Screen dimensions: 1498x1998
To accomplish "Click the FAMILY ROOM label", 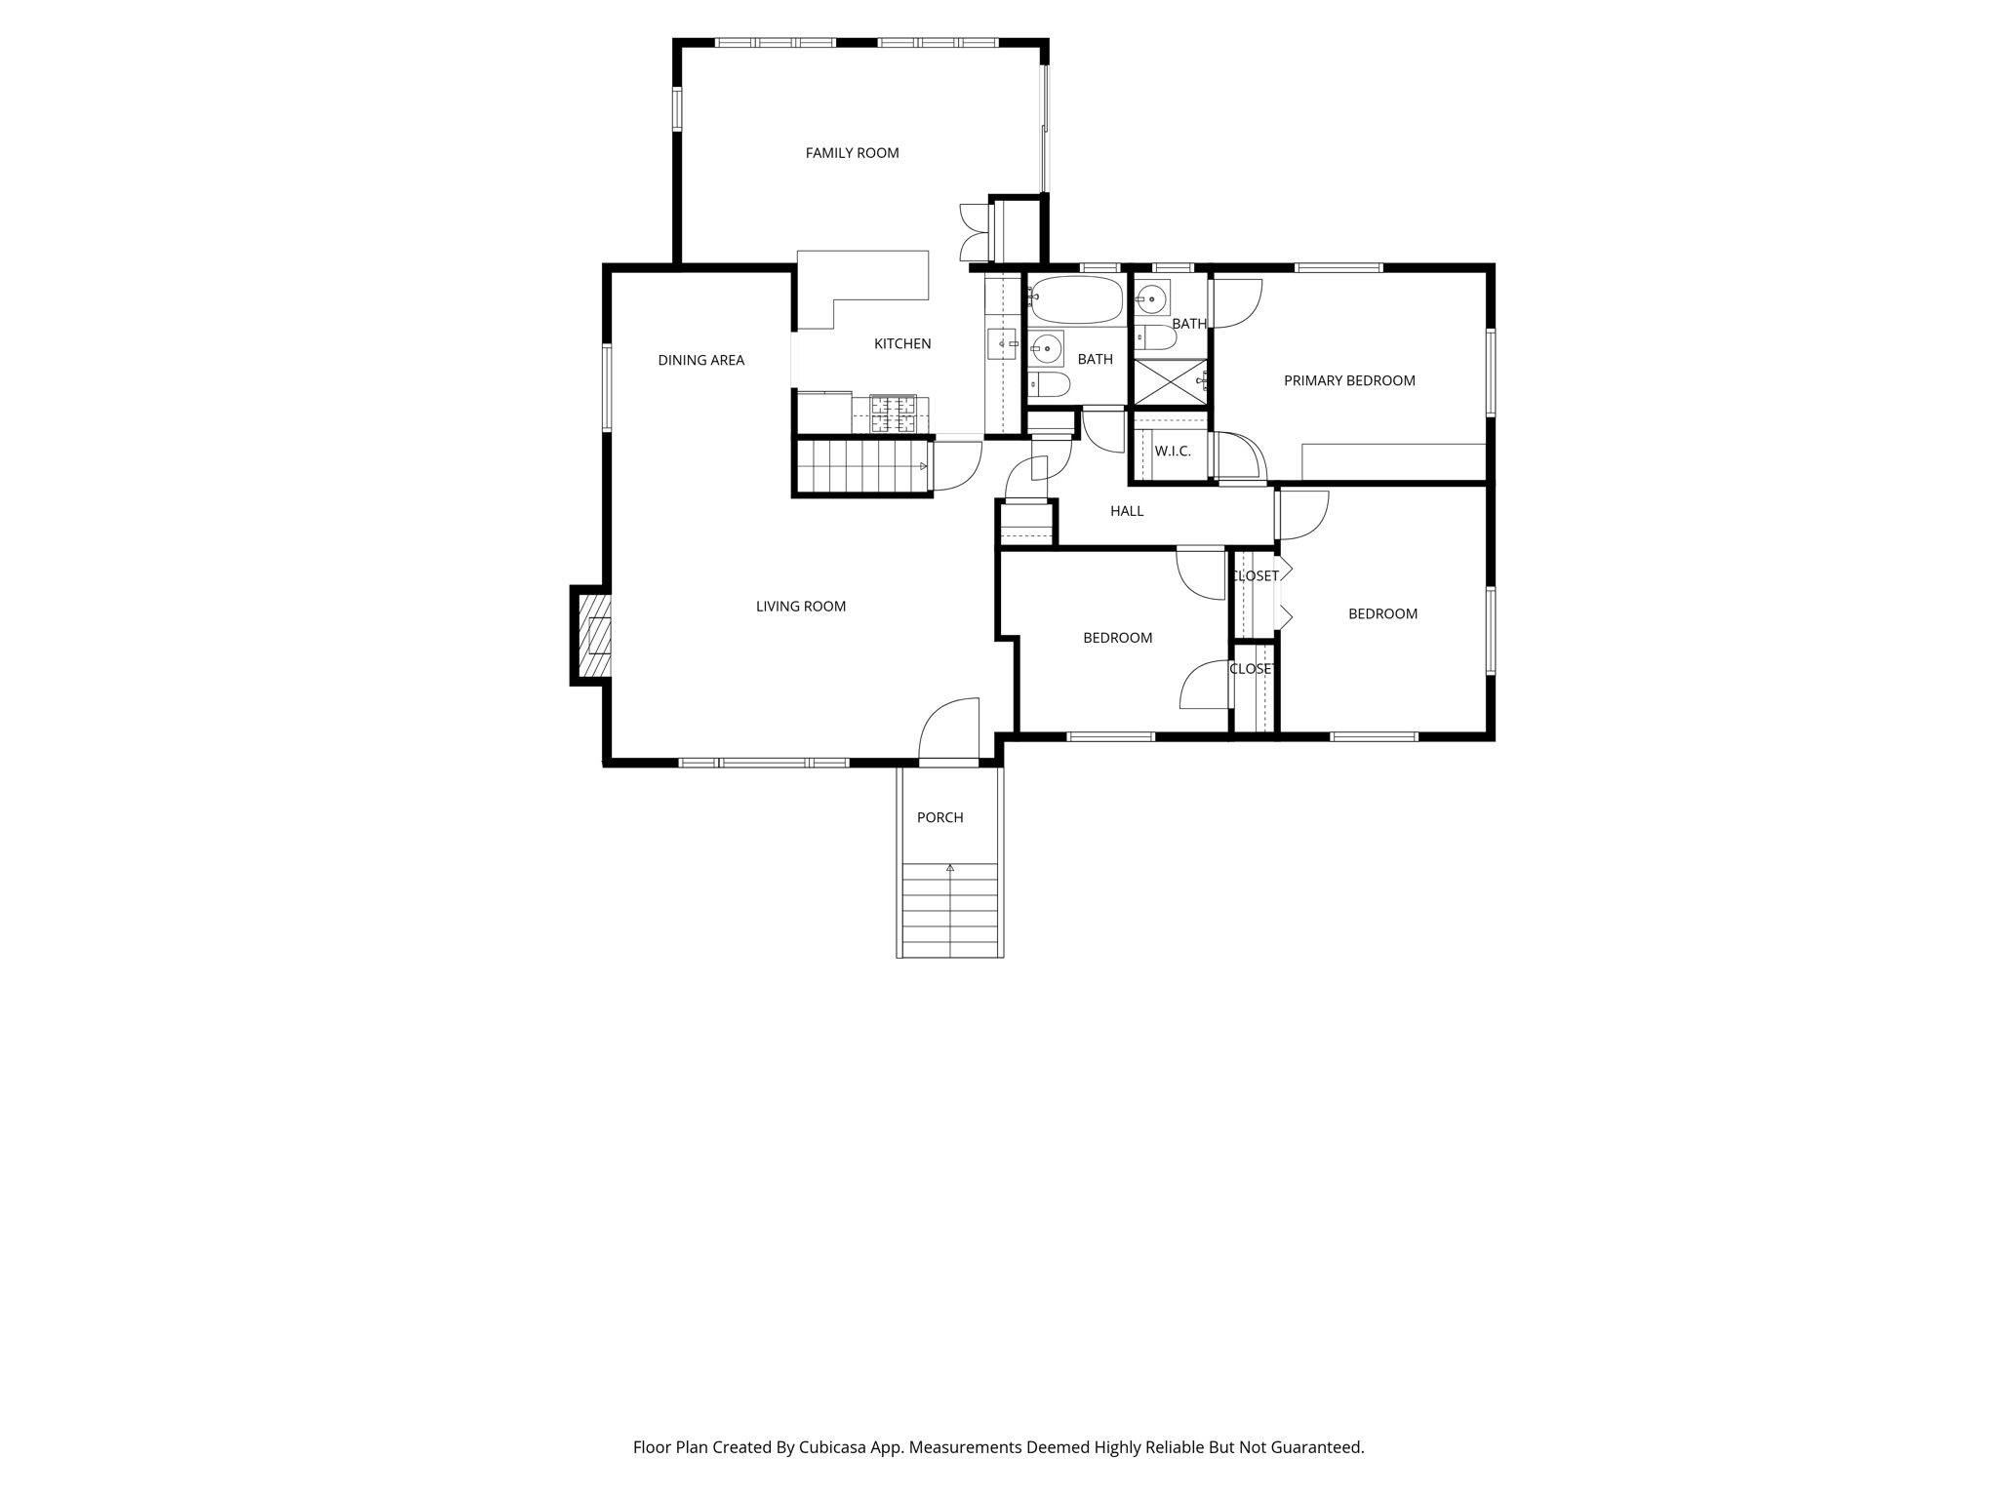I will click(x=852, y=153).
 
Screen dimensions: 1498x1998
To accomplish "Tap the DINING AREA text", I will click(x=700, y=361).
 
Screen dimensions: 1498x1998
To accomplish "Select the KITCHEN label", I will click(x=901, y=344).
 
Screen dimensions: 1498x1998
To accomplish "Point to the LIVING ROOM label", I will click(x=800, y=607).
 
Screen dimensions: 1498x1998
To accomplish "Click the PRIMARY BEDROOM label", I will click(x=1348, y=381).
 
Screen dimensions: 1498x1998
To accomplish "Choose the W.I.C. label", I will click(x=1172, y=452).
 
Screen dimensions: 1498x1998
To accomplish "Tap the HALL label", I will click(x=1126, y=511).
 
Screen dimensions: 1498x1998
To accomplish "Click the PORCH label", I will click(x=939, y=818).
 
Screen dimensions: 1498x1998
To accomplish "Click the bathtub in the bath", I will click(x=1077, y=300).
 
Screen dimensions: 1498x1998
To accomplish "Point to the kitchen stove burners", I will click(x=893, y=414).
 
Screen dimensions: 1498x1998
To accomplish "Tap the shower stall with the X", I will click(x=1169, y=382).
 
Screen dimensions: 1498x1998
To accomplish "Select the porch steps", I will click(x=949, y=910).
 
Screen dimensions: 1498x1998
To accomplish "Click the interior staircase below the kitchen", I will click(x=860, y=467).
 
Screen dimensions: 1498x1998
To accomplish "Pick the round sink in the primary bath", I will click(x=1152, y=298).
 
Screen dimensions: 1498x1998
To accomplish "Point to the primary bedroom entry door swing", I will click(x=1237, y=303).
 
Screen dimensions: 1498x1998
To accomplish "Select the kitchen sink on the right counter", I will click(x=1001, y=344).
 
